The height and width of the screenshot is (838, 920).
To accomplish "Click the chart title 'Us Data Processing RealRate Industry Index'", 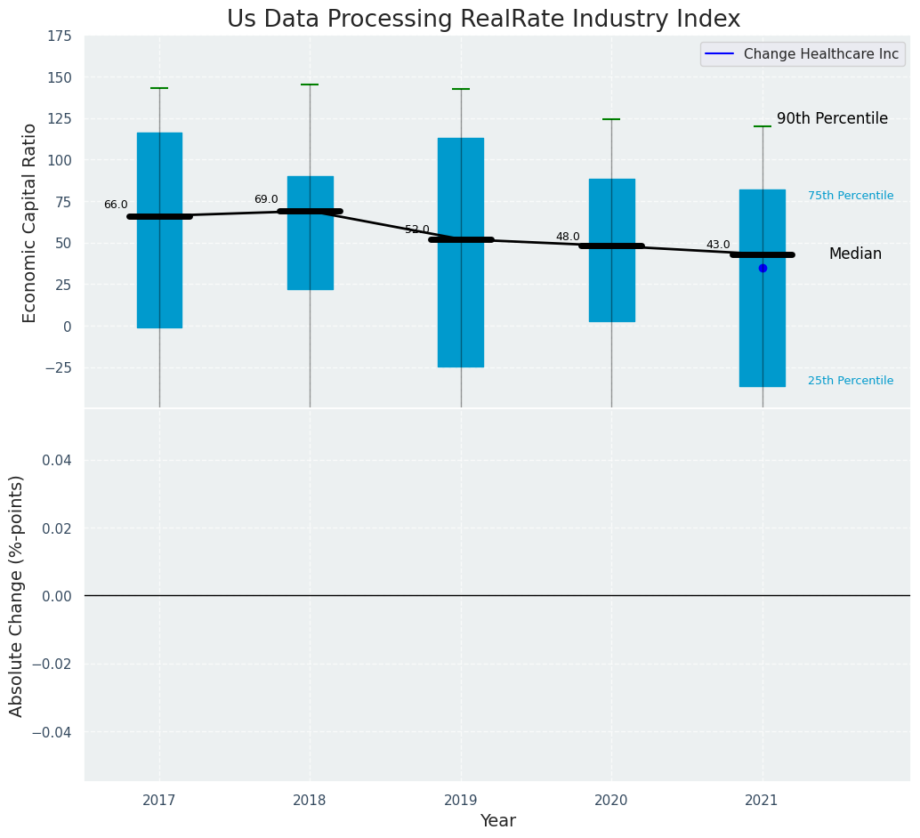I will click(483, 19).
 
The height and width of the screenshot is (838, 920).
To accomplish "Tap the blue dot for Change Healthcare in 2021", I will click(763, 268).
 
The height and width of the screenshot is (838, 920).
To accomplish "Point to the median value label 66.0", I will click(116, 205).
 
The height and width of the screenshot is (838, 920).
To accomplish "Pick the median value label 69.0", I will click(266, 199).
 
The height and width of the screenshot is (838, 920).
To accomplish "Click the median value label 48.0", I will click(568, 237).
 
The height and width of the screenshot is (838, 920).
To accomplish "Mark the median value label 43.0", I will click(718, 245).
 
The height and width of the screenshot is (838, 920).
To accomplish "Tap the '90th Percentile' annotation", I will click(832, 118).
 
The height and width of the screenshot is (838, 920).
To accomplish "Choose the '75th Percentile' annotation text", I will click(851, 196).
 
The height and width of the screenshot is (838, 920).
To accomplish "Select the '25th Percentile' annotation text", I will click(851, 381).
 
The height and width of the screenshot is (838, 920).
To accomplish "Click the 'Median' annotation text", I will click(855, 254).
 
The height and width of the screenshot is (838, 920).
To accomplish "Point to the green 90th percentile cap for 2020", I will click(611, 119).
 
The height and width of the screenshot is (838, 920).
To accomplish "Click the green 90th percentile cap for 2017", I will click(159, 88).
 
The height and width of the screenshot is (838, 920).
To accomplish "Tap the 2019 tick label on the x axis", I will click(461, 801).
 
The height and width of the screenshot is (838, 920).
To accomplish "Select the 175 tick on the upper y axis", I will click(61, 36).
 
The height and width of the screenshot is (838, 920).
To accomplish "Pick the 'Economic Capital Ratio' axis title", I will click(30, 222).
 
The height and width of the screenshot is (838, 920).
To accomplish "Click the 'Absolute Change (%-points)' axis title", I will click(17, 595).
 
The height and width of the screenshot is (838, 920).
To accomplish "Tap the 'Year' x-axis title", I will click(497, 821).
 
